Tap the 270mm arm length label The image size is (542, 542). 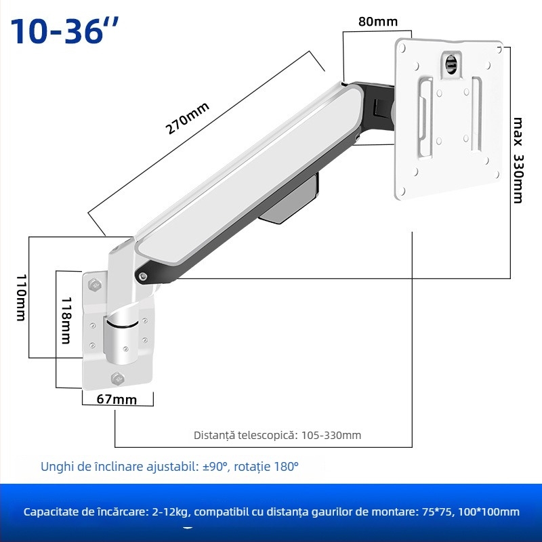tap(189, 119)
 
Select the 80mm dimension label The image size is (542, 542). tap(377, 22)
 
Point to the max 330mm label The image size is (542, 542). tap(518, 160)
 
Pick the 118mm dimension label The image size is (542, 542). tap(66, 320)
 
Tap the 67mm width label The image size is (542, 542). tap(116, 399)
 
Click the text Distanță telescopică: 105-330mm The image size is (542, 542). tap(277, 435)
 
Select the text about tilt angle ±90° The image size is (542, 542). tap(169, 467)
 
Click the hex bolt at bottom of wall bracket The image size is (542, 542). tap(115, 378)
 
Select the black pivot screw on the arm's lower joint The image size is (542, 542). tap(142, 275)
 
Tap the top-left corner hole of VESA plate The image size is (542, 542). tap(404, 48)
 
